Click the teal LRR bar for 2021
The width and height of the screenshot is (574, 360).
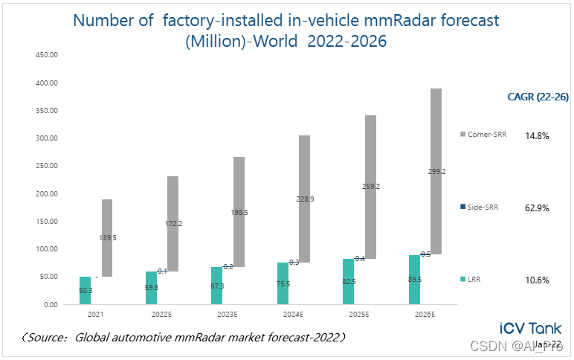(x=85, y=290)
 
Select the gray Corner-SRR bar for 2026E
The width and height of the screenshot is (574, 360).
(x=436, y=171)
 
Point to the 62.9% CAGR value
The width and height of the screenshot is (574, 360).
(x=537, y=208)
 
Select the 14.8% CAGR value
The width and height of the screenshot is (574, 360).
(x=537, y=136)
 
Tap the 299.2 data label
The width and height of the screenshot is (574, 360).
(x=436, y=171)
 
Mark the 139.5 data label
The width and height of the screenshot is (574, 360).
(x=108, y=238)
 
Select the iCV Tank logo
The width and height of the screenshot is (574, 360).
(x=530, y=328)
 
